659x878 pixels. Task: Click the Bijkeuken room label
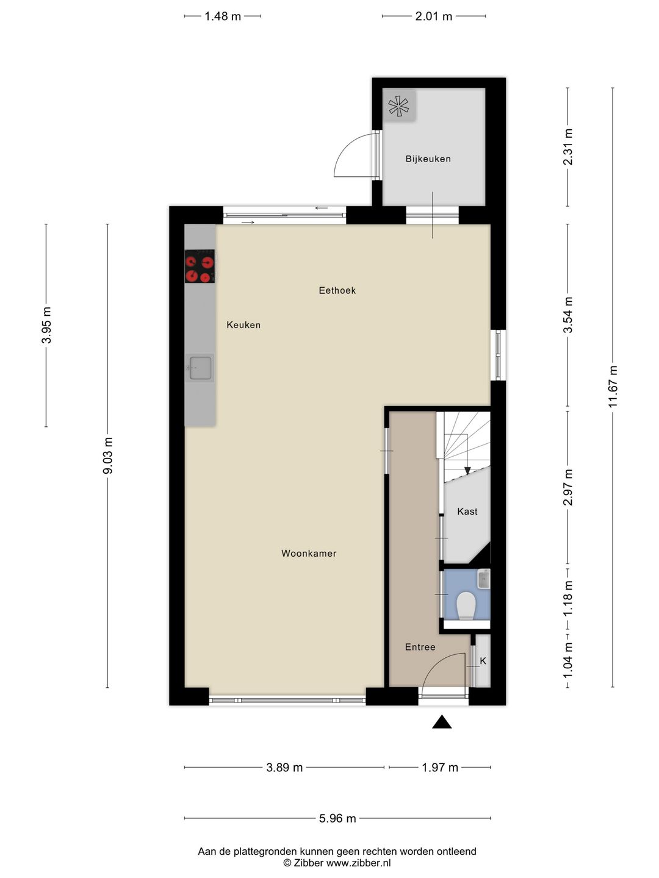click(428, 159)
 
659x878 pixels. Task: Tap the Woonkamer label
click(309, 554)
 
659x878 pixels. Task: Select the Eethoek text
click(337, 290)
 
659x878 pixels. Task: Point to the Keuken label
click(243, 325)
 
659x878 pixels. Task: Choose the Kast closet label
click(467, 512)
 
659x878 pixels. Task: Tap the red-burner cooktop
click(200, 266)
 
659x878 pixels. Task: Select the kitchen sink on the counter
click(200, 368)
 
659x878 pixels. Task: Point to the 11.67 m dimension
click(613, 387)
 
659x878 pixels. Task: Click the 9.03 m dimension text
click(107, 455)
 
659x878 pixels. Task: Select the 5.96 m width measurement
click(337, 818)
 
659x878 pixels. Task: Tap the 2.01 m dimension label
click(434, 16)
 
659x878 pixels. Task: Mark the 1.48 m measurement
click(223, 16)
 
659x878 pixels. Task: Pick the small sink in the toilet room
click(484, 579)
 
